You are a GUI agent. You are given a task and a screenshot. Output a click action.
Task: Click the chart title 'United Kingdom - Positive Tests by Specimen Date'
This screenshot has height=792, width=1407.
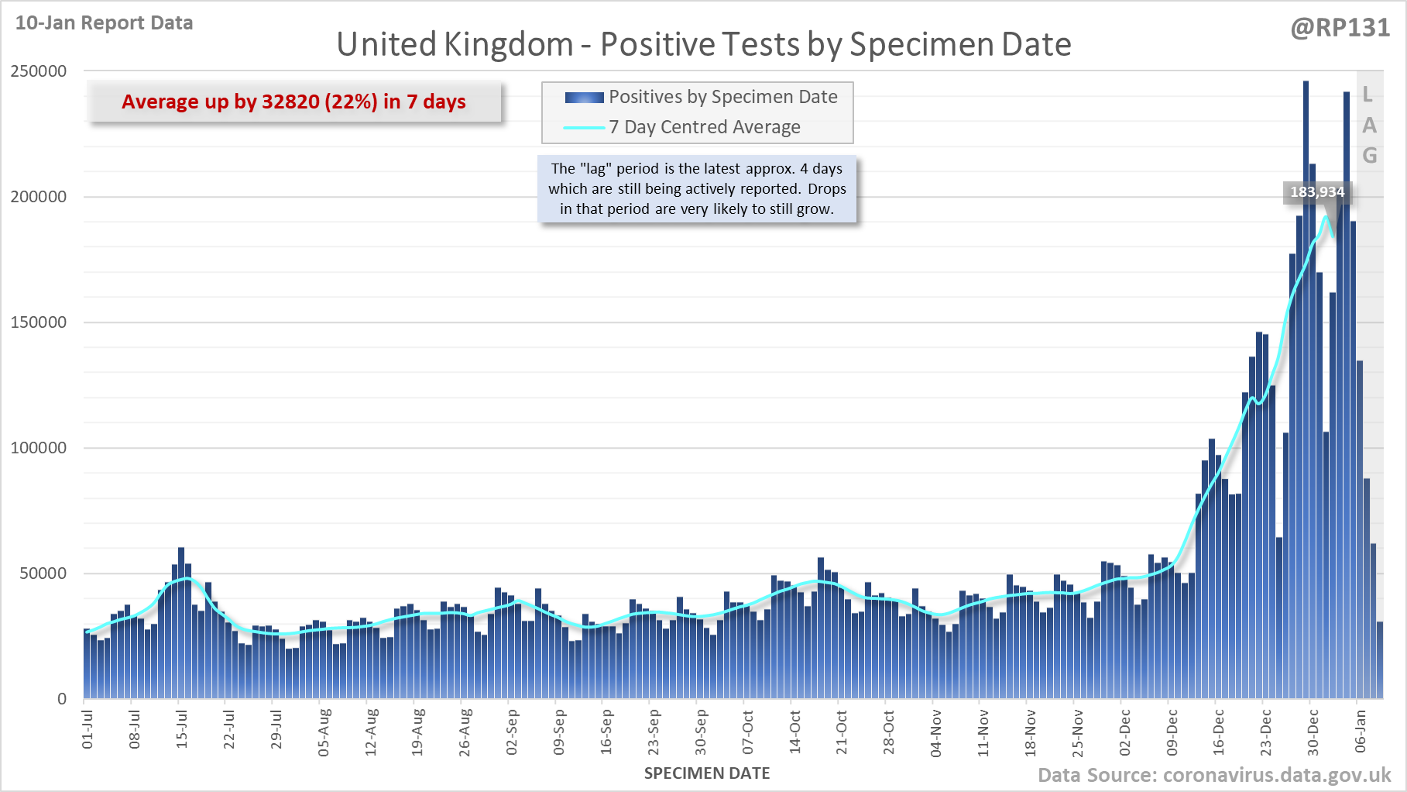pyautogui.click(x=703, y=44)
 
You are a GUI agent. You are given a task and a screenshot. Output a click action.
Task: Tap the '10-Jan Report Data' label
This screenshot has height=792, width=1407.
pyautogui.click(x=104, y=23)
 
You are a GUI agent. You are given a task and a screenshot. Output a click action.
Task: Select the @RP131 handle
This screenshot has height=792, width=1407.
pyautogui.click(x=1340, y=28)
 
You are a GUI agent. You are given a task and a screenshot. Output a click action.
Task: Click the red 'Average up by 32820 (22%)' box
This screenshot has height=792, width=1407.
pyautogui.click(x=293, y=102)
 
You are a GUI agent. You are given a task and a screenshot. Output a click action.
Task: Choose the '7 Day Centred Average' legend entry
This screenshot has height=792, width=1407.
pyautogui.click(x=704, y=127)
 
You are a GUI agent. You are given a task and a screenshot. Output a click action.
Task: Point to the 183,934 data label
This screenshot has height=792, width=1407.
pyautogui.click(x=1317, y=191)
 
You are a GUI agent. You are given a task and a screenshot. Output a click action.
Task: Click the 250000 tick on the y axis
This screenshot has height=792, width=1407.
pyautogui.click(x=39, y=71)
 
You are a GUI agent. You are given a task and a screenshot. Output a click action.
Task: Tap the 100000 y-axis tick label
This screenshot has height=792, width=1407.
pyautogui.click(x=39, y=448)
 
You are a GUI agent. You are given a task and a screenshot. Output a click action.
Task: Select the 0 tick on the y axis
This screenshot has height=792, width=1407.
pyautogui.click(x=62, y=699)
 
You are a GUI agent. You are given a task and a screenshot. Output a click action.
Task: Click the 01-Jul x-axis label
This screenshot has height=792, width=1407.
pyautogui.click(x=88, y=729)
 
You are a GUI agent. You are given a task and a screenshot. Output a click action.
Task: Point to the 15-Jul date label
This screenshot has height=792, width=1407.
pyautogui.click(x=182, y=729)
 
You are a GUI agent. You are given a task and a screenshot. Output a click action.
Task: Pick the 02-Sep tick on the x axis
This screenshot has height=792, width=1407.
pyautogui.click(x=512, y=731)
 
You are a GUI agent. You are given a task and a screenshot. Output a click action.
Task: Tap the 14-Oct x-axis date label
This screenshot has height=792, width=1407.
pyautogui.click(x=794, y=731)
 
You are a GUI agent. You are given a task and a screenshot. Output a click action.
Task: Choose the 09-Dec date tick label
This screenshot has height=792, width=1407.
pyautogui.click(x=1172, y=731)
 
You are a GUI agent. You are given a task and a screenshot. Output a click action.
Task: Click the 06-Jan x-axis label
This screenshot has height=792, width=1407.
pyautogui.click(x=1361, y=731)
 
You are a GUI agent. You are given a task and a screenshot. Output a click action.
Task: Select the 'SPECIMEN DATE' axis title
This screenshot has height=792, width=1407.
pyautogui.click(x=706, y=773)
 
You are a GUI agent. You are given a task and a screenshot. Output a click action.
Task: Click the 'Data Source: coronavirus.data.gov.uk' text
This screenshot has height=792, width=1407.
pyautogui.click(x=1213, y=775)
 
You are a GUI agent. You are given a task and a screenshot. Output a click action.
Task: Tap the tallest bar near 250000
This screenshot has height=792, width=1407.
pyautogui.click(x=1306, y=310)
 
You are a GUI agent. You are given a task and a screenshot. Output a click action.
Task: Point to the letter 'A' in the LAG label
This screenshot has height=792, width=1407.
pyautogui.click(x=1369, y=126)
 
